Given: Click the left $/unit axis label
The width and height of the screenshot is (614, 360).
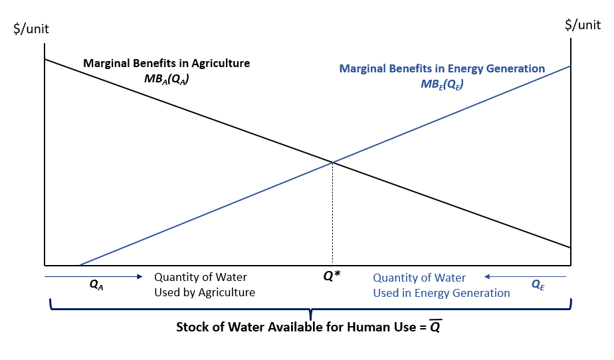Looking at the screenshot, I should tap(31, 29).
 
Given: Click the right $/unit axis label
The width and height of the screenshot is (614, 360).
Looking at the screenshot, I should tap(583, 25).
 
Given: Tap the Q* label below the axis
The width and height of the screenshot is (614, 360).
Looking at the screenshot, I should tap(331, 275).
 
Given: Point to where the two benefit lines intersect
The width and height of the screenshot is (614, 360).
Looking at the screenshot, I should tap(332, 161).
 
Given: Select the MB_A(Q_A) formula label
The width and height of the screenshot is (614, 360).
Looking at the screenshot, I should tap(165, 78).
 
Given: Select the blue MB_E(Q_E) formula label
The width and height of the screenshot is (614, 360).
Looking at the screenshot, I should tap(442, 84).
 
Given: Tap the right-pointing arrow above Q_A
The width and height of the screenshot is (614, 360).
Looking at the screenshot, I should tap(93, 275).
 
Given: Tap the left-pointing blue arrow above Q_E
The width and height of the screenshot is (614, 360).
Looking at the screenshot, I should tap(525, 276).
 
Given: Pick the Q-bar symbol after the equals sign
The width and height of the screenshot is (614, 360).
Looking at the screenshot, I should tap(435, 327).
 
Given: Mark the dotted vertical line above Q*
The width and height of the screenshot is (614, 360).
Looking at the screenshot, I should tap(332, 213).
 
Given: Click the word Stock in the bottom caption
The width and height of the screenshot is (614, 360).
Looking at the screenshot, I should tap(192, 327).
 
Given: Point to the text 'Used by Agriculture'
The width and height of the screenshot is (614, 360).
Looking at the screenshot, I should tap(205, 292).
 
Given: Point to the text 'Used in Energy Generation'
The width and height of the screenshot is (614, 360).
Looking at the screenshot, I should tap(441, 293).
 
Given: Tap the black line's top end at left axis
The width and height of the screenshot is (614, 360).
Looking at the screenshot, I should tap(45, 60).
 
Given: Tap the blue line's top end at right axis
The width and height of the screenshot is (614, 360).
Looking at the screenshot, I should tap(569, 66).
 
